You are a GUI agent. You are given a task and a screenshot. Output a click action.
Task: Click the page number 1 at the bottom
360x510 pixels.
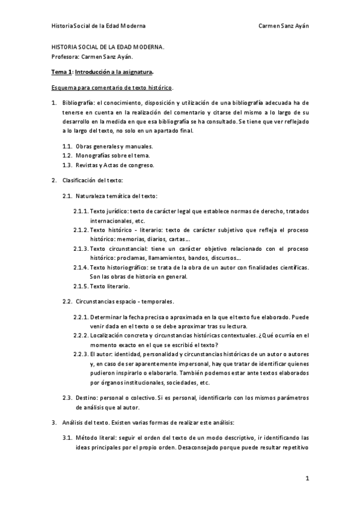click(307, 479)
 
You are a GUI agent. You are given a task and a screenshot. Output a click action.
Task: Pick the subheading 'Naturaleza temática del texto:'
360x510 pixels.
click(117, 196)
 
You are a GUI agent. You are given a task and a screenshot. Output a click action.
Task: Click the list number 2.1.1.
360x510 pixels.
click(81, 211)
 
